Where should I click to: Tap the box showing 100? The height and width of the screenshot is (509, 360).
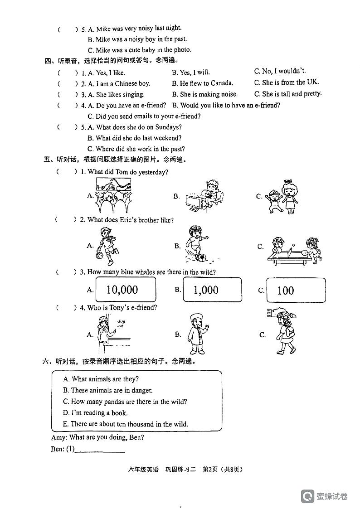pyautogui.click(x=296, y=290)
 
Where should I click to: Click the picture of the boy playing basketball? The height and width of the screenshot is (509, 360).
pyautogui.click(x=107, y=246)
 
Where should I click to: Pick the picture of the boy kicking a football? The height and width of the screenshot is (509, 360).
pyautogui.click(x=196, y=245)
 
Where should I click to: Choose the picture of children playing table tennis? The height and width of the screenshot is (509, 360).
pyautogui.click(x=294, y=249)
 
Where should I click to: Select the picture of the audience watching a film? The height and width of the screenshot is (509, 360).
pyautogui.click(x=113, y=195)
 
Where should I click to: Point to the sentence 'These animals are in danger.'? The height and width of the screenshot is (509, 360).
pyautogui.click(x=108, y=390)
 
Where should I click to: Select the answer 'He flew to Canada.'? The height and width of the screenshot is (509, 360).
pyautogui.click(x=202, y=83)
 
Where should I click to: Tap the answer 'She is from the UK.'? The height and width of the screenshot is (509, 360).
pyautogui.click(x=287, y=82)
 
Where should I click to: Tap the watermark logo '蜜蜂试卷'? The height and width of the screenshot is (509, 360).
pyautogui.click(x=325, y=496)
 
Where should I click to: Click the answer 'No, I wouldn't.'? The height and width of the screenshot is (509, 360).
pyautogui.click(x=280, y=71)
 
